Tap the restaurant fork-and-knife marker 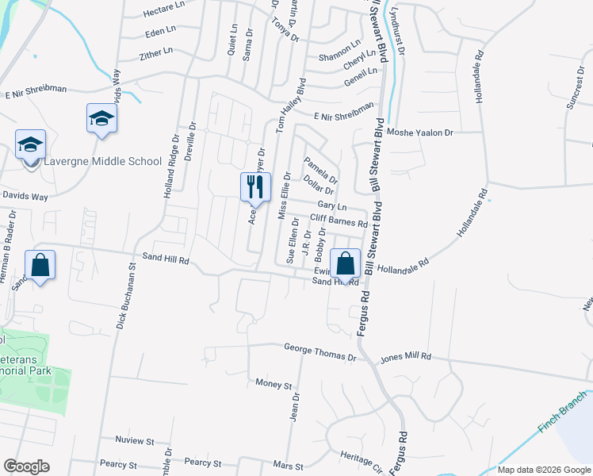click(255, 187)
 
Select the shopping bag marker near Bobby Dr click(345, 263)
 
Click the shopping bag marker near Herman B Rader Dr click(40, 265)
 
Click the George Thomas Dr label click(320, 349)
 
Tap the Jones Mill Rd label click(404, 359)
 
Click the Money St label click(274, 384)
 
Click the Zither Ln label click(156, 52)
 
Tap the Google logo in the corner click(26, 466)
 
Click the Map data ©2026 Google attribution click(544, 470)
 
